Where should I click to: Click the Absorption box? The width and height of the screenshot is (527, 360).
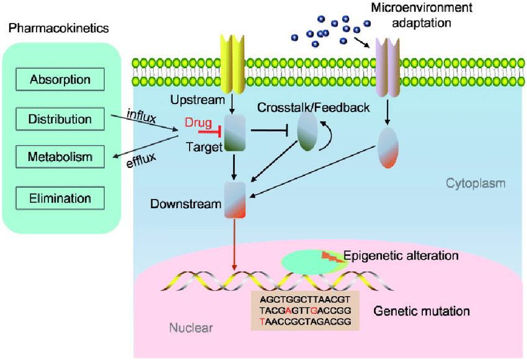(60, 79)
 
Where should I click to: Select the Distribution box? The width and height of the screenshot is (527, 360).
(60, 119)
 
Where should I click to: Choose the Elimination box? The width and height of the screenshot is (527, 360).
(60, 198)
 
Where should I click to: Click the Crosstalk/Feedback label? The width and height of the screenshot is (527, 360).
(314, 108)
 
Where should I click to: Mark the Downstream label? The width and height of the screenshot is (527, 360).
(185, 203)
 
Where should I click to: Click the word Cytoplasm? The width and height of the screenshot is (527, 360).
(476, 183)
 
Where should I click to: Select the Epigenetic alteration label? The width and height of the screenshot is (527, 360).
(401, 255)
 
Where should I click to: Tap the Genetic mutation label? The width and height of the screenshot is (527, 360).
(422, 310)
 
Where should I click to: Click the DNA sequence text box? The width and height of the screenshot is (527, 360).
(306, 310)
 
